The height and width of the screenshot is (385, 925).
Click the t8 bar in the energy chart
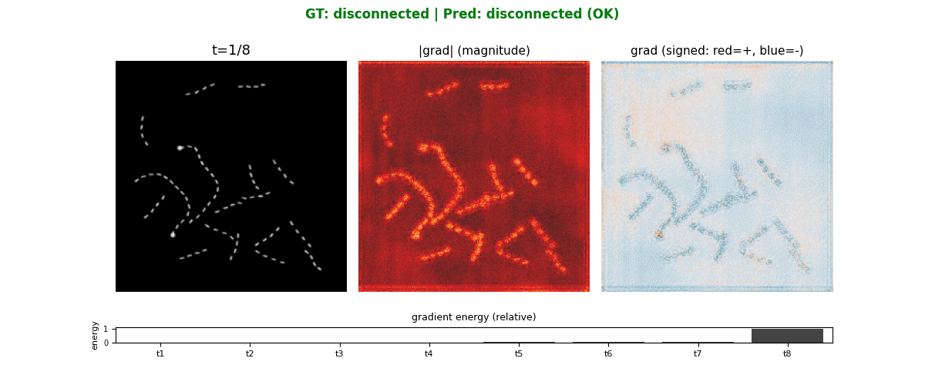point(787,336)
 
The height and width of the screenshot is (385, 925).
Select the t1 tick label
point(160,353)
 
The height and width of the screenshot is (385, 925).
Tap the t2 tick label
point(250,353)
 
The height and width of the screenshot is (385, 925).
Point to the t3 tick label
point(339,353)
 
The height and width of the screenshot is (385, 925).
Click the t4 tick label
point(429,353)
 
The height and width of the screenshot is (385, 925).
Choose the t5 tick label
point(518,353)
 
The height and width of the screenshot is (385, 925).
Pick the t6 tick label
point(607,353)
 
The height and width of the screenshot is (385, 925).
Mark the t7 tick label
point(697,353)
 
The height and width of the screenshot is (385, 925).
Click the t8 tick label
point(787,353)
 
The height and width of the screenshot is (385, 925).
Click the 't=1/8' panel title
point(231,51)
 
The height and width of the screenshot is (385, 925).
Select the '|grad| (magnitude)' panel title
point(474,51)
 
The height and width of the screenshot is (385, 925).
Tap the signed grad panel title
point(717,51)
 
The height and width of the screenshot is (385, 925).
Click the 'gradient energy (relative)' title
point(474,317)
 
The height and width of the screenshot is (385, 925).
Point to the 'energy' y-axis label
point(95,335)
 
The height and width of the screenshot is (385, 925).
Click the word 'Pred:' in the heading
point(459,14)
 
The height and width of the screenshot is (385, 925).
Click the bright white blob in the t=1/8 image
point(180,147)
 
